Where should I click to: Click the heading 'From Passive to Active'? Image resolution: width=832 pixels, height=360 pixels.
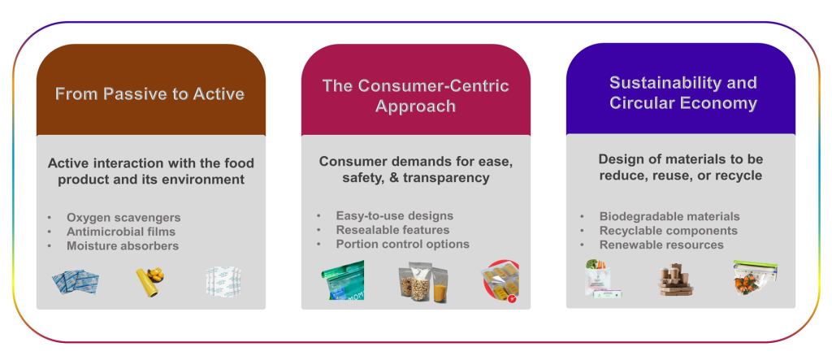pos(149,94)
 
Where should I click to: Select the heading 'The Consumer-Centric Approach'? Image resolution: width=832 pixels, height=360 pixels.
pos(415,96)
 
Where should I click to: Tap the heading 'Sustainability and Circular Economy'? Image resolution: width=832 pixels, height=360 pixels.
pos(682,93)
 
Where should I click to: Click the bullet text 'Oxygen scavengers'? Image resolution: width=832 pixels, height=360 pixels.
pos(123,217)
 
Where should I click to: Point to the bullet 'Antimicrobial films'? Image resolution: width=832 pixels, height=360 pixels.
pos(121,232)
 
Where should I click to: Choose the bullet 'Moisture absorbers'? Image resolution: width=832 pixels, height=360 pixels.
pos(123,246)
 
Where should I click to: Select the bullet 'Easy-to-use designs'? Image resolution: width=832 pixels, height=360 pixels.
pos(394,215)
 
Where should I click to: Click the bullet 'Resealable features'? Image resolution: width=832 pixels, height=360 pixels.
pos(392,230)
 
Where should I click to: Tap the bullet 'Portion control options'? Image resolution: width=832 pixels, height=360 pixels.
pos(403,245)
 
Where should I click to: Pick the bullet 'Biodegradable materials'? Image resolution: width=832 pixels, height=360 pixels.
pos(669,216)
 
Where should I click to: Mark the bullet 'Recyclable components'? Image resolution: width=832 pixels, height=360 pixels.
pos(669,231)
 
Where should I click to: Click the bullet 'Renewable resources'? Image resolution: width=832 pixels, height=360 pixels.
pos(661,245)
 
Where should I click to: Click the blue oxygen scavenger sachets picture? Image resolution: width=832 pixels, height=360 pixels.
pos(76,282)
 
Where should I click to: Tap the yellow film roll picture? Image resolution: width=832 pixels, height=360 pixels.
pos(149,281)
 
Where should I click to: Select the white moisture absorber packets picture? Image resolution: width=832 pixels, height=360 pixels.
pos(223,281)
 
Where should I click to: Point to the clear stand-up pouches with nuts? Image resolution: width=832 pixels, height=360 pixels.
pos(422,282)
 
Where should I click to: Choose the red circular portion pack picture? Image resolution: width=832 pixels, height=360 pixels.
pos(500,281)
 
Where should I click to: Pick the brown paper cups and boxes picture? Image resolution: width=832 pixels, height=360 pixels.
pos(676,280)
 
